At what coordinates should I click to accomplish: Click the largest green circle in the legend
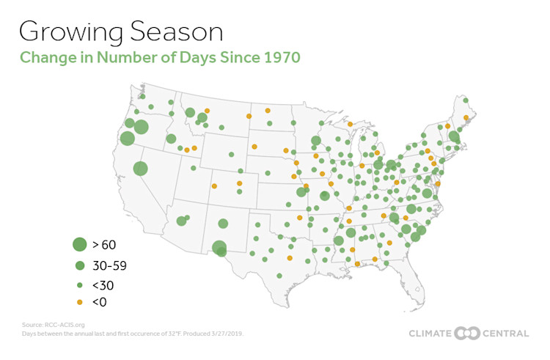[79, 244]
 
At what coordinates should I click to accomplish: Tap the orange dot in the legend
[79, 301]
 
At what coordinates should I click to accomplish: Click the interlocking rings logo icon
[467, 333]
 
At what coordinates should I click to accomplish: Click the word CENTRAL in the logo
[505, 334]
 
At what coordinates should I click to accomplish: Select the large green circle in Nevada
[140, 168]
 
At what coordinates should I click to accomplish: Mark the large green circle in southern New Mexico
[219, 248]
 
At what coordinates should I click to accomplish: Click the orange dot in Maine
[466, 117]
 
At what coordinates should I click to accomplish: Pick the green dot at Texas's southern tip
[279, 276]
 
